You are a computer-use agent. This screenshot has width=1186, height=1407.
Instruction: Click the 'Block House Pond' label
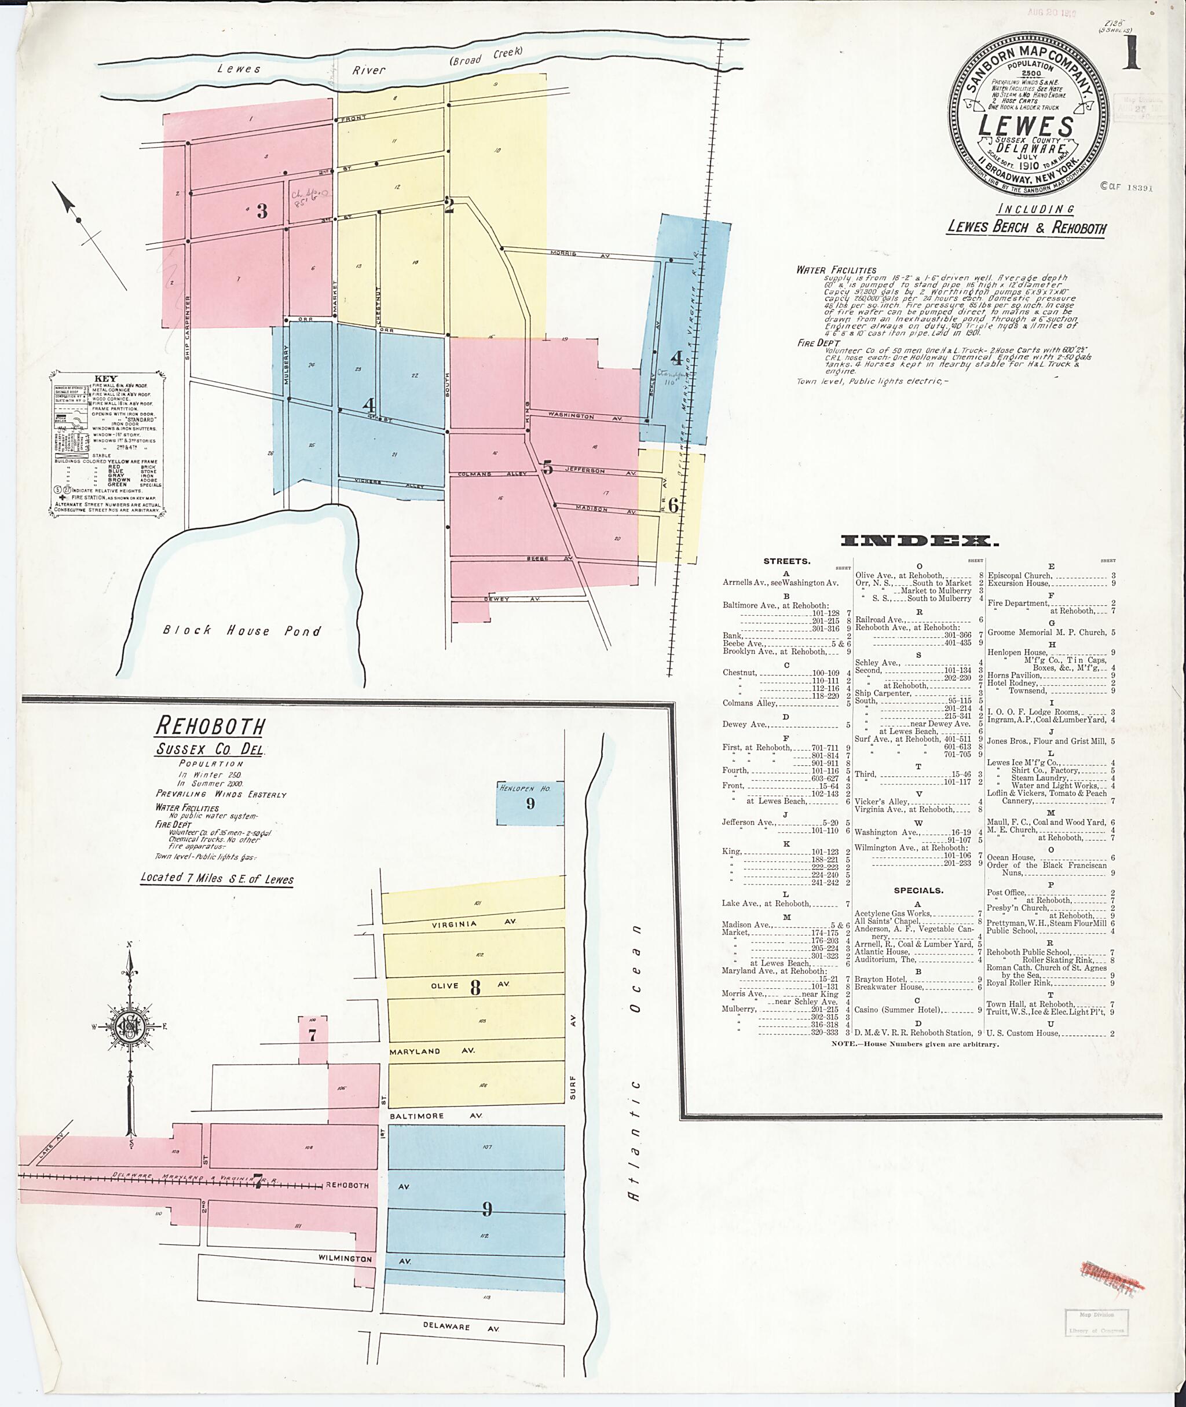(242, 630)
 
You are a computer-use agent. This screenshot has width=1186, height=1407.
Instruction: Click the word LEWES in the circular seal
(1026, 126)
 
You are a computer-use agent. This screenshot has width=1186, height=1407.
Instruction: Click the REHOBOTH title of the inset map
(210, 726)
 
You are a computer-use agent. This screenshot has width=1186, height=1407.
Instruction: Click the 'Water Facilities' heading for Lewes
(836, 271)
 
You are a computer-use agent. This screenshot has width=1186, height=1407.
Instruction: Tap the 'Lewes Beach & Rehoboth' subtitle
(1026, 226)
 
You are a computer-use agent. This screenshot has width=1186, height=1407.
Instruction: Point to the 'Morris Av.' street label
(563, 254)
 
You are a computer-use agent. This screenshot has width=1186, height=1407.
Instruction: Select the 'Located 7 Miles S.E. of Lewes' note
(217, 878)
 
